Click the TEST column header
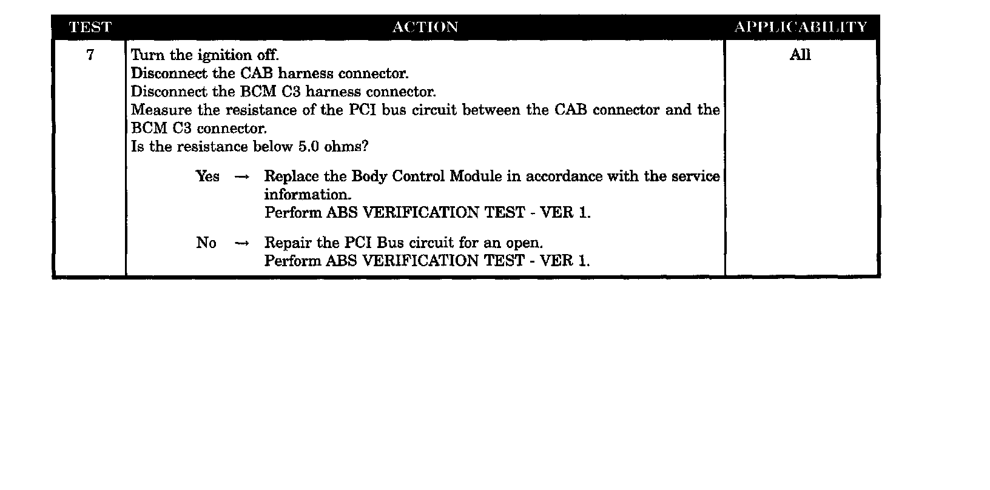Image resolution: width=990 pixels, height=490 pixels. pos(90,27)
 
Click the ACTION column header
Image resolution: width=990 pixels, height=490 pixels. pos(425,27)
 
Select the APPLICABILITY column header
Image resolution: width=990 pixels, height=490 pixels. pos(801,27)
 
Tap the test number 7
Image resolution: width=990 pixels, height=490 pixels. pos(90,55)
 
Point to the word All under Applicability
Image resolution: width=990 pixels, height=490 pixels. pos(800,55)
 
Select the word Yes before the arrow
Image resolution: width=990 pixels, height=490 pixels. pos(207,176)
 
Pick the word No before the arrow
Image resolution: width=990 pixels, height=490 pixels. pos(206,243)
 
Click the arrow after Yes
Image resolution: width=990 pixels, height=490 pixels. pos(241,177)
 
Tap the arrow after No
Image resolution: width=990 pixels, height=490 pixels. pos(241,244)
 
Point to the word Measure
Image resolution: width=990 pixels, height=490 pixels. pos(161,110)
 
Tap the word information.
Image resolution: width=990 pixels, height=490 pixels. pos(308,195)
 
